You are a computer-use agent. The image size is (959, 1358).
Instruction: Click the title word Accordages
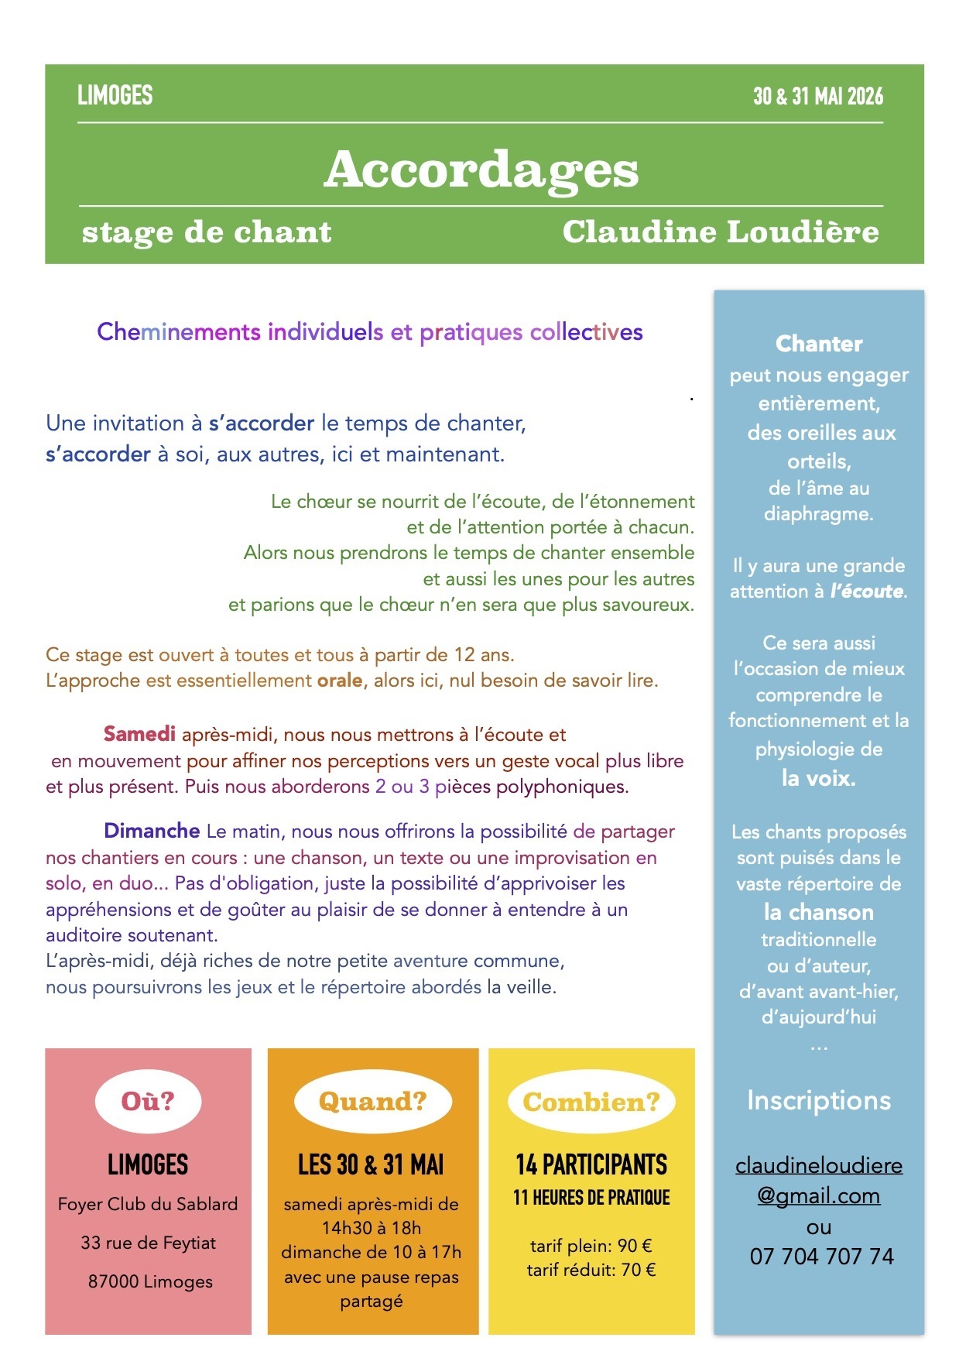481,170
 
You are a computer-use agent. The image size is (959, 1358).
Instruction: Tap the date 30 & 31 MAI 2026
817,96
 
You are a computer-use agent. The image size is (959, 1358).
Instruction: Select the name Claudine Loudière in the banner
720,231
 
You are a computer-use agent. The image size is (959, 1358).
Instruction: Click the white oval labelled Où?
148,1101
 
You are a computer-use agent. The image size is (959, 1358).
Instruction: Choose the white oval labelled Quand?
372,1101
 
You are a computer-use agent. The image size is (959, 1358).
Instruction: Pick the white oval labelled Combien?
591,1102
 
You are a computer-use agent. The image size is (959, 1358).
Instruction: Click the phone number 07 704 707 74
821,1256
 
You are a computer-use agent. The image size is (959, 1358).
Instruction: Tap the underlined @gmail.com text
818,1195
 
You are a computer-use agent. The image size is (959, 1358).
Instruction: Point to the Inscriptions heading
818,1100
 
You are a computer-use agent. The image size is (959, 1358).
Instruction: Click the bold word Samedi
139,734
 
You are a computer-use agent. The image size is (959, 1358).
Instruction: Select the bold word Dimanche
152,831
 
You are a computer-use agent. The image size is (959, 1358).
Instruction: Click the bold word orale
340,681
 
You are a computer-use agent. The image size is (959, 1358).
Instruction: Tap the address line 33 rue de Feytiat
148,1243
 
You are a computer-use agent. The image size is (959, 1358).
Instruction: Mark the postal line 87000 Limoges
150,1281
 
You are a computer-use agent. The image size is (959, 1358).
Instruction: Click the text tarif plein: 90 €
591,1246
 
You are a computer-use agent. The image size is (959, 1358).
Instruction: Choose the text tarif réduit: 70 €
591,1270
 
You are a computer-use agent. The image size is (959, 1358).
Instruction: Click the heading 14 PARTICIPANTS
591,1164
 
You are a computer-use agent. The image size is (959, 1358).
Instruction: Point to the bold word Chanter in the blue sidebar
819,344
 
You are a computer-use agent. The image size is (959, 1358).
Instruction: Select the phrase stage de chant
207,232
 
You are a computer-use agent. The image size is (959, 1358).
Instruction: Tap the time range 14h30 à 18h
372,1228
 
